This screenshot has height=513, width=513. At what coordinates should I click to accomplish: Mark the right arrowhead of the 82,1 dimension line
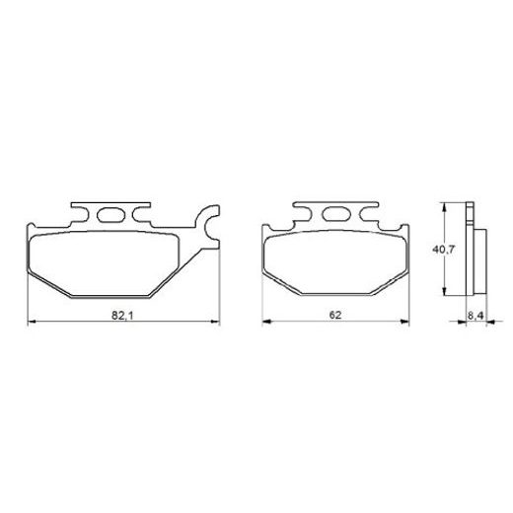(213, 323)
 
